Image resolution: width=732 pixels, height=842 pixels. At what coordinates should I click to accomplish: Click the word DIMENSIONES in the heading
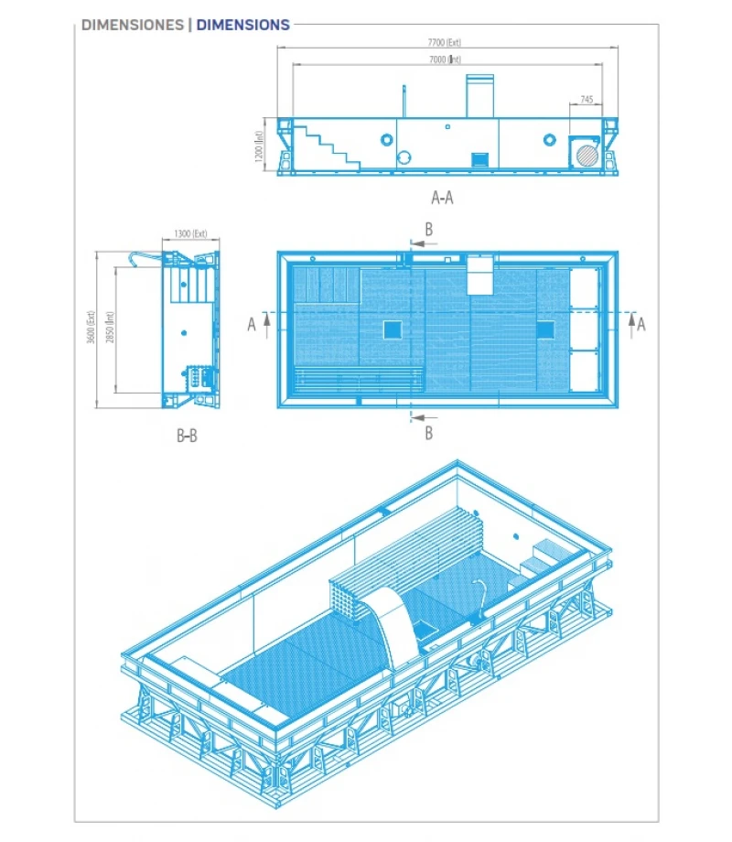point(132,26)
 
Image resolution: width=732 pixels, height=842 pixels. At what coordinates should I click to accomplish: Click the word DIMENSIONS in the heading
point(243,26)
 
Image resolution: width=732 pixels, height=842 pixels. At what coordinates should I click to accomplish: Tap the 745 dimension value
point(587,99)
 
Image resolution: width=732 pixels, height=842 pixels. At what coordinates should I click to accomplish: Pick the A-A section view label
point(442,196)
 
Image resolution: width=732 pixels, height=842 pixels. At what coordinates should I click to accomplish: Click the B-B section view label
point(187,437)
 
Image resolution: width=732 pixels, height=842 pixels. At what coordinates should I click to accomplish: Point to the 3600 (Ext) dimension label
point(91,327)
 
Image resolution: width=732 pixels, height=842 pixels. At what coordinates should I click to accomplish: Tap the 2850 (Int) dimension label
point(110,327)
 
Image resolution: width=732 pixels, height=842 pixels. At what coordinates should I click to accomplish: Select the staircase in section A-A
point(324,145)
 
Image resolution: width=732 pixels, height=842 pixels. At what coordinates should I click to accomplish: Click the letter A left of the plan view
point(252,324)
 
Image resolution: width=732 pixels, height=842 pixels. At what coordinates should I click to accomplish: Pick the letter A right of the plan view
point(641,324)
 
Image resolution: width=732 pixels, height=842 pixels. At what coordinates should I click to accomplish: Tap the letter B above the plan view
point(428,230)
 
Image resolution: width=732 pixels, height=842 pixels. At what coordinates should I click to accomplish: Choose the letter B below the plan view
point(428,433)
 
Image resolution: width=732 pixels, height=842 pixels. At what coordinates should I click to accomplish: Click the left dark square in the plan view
point(391,329)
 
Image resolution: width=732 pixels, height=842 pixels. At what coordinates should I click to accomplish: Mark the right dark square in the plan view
point(545,329)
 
